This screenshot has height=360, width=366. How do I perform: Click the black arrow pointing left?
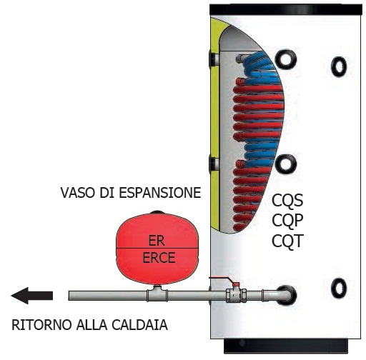(x=32, y=296)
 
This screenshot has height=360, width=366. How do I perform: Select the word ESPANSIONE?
(x=160, y=193)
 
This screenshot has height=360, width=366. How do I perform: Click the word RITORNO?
(x=41, y=325)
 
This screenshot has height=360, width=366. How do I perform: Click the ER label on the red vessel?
(x=157, y=241)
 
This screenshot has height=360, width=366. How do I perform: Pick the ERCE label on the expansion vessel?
(x=159, y=257)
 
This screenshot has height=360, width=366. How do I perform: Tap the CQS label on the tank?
(x=287, y=201)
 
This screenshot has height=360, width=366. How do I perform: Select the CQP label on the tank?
(x=287, y=221)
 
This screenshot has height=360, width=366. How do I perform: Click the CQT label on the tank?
(x=287, y=241)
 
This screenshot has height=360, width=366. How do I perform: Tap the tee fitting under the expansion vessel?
(x=157, y=294)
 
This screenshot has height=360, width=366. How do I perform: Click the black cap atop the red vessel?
(x=157, y=211)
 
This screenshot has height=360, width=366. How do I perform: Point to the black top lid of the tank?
(x=286, y=9)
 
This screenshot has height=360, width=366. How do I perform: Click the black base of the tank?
(x=286, y=346)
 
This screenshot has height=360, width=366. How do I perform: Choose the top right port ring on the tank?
(x=339, y=67)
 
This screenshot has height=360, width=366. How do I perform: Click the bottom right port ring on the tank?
(x=339, y=288)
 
